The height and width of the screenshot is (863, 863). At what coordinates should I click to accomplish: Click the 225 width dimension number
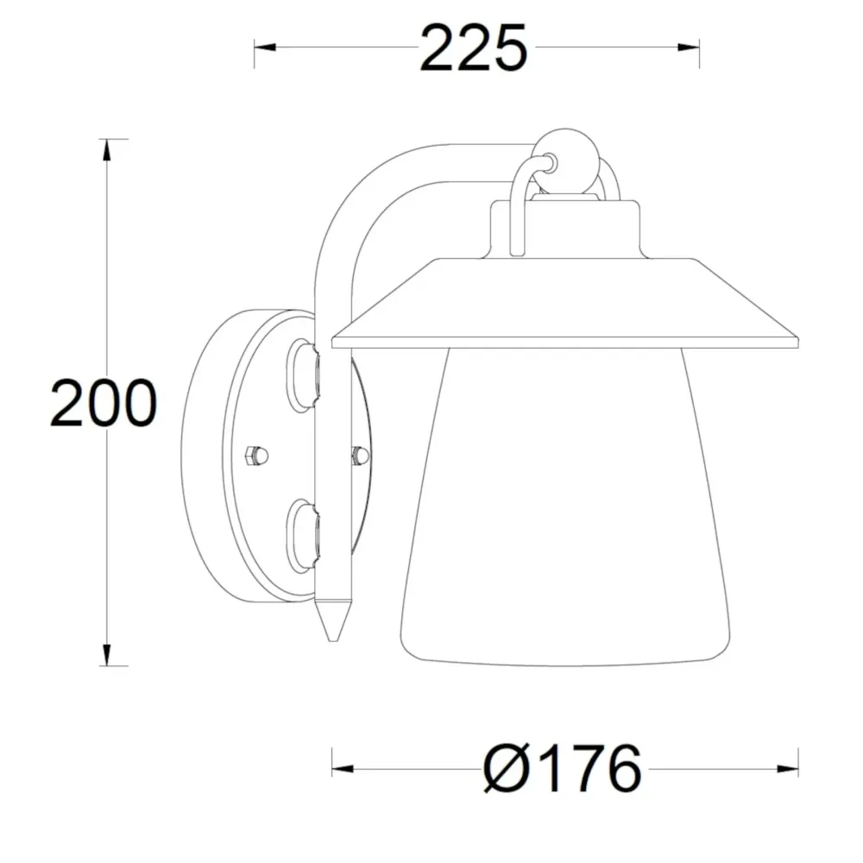[473, 48]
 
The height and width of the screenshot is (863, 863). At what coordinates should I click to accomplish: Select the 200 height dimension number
[104, 403]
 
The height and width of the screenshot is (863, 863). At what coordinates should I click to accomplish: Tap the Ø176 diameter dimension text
[563, 768]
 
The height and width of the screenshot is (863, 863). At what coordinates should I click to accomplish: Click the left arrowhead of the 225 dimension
[265, 47]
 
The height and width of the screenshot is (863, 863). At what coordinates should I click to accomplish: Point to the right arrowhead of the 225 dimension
[689, 47]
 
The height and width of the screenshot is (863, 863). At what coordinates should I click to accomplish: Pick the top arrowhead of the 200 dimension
[107, 149]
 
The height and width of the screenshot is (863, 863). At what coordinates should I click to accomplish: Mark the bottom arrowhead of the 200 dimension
[107, 655]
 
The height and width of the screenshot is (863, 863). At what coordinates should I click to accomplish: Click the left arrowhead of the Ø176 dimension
[343, 768]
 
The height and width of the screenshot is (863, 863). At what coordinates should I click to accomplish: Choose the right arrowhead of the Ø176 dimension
[788, 768]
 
